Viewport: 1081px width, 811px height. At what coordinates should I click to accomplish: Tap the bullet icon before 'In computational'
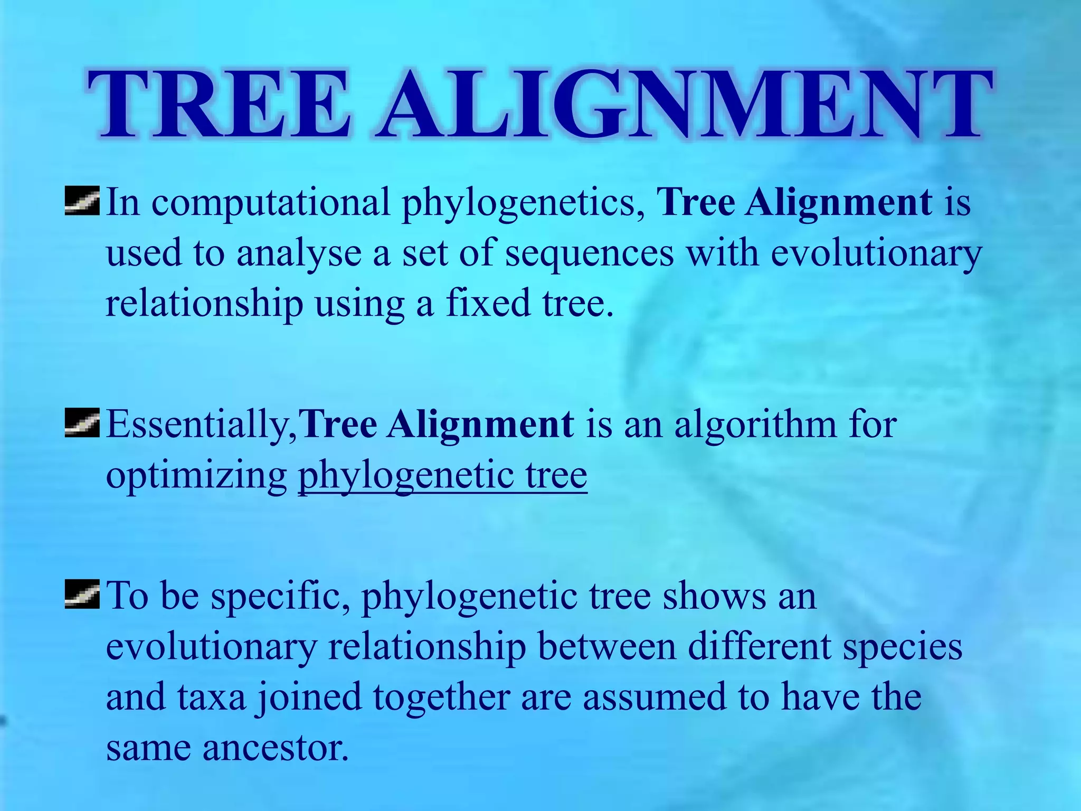tap(82, 202)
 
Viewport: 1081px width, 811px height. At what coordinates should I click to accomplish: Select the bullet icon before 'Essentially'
tap(82, 424)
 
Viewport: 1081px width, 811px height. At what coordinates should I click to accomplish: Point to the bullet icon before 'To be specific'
tap(82, 595)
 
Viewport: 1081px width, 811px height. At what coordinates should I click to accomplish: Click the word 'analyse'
tap(298, 253)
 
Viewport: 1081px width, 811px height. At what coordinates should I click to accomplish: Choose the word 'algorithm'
tap(755, 426)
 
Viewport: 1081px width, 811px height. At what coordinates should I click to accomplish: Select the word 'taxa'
tap(212, 697)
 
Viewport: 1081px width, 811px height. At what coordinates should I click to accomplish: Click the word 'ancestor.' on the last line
tap(276, 748)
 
